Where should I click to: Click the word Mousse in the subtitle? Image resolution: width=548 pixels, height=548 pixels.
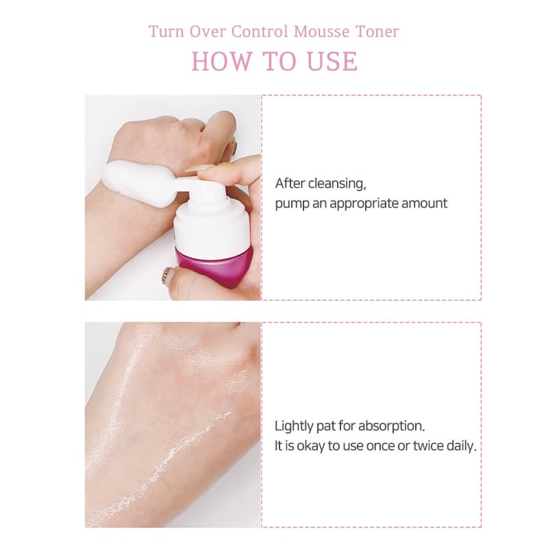pos(321,32)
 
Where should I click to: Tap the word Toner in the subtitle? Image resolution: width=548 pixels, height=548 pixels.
pos(377,32)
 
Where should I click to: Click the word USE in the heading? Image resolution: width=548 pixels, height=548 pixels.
pos(332,62)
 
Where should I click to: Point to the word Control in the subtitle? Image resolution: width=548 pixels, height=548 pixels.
pos(259,32)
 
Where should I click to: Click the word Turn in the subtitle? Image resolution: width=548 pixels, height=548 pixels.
pos(166,32)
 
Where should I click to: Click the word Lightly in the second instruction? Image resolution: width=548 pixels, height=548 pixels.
pos(294,426)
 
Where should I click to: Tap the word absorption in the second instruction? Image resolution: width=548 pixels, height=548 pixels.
pos(391,426)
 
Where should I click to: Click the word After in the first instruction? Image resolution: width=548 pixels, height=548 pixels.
pos(290,184)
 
